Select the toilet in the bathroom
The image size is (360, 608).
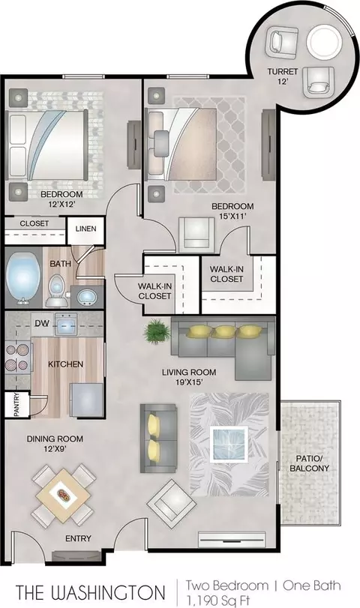click(57, 291)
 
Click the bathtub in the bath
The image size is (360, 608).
click(24, 278)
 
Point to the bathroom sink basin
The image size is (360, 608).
click(85, 298)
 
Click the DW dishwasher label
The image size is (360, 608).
click(42, 322)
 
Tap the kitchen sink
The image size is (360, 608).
click(66, 324)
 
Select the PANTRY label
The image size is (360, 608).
click(16, 404)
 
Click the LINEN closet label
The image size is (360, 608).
click(85, 229)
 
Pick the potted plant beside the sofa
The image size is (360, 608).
click(157, 331)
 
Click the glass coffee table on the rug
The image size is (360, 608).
click(229, 445)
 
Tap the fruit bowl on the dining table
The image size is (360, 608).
click(63, 495)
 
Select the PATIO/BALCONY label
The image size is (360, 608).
click(309, 463)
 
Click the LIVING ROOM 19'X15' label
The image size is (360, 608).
click(189, 377)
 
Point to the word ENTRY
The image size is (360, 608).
click(78, 538)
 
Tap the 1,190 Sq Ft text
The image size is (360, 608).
click(218, 601)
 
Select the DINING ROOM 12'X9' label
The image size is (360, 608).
click(55, 444)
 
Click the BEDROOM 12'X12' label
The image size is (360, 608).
click(61, 199)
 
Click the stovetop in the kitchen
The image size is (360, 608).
click(18, 358)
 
